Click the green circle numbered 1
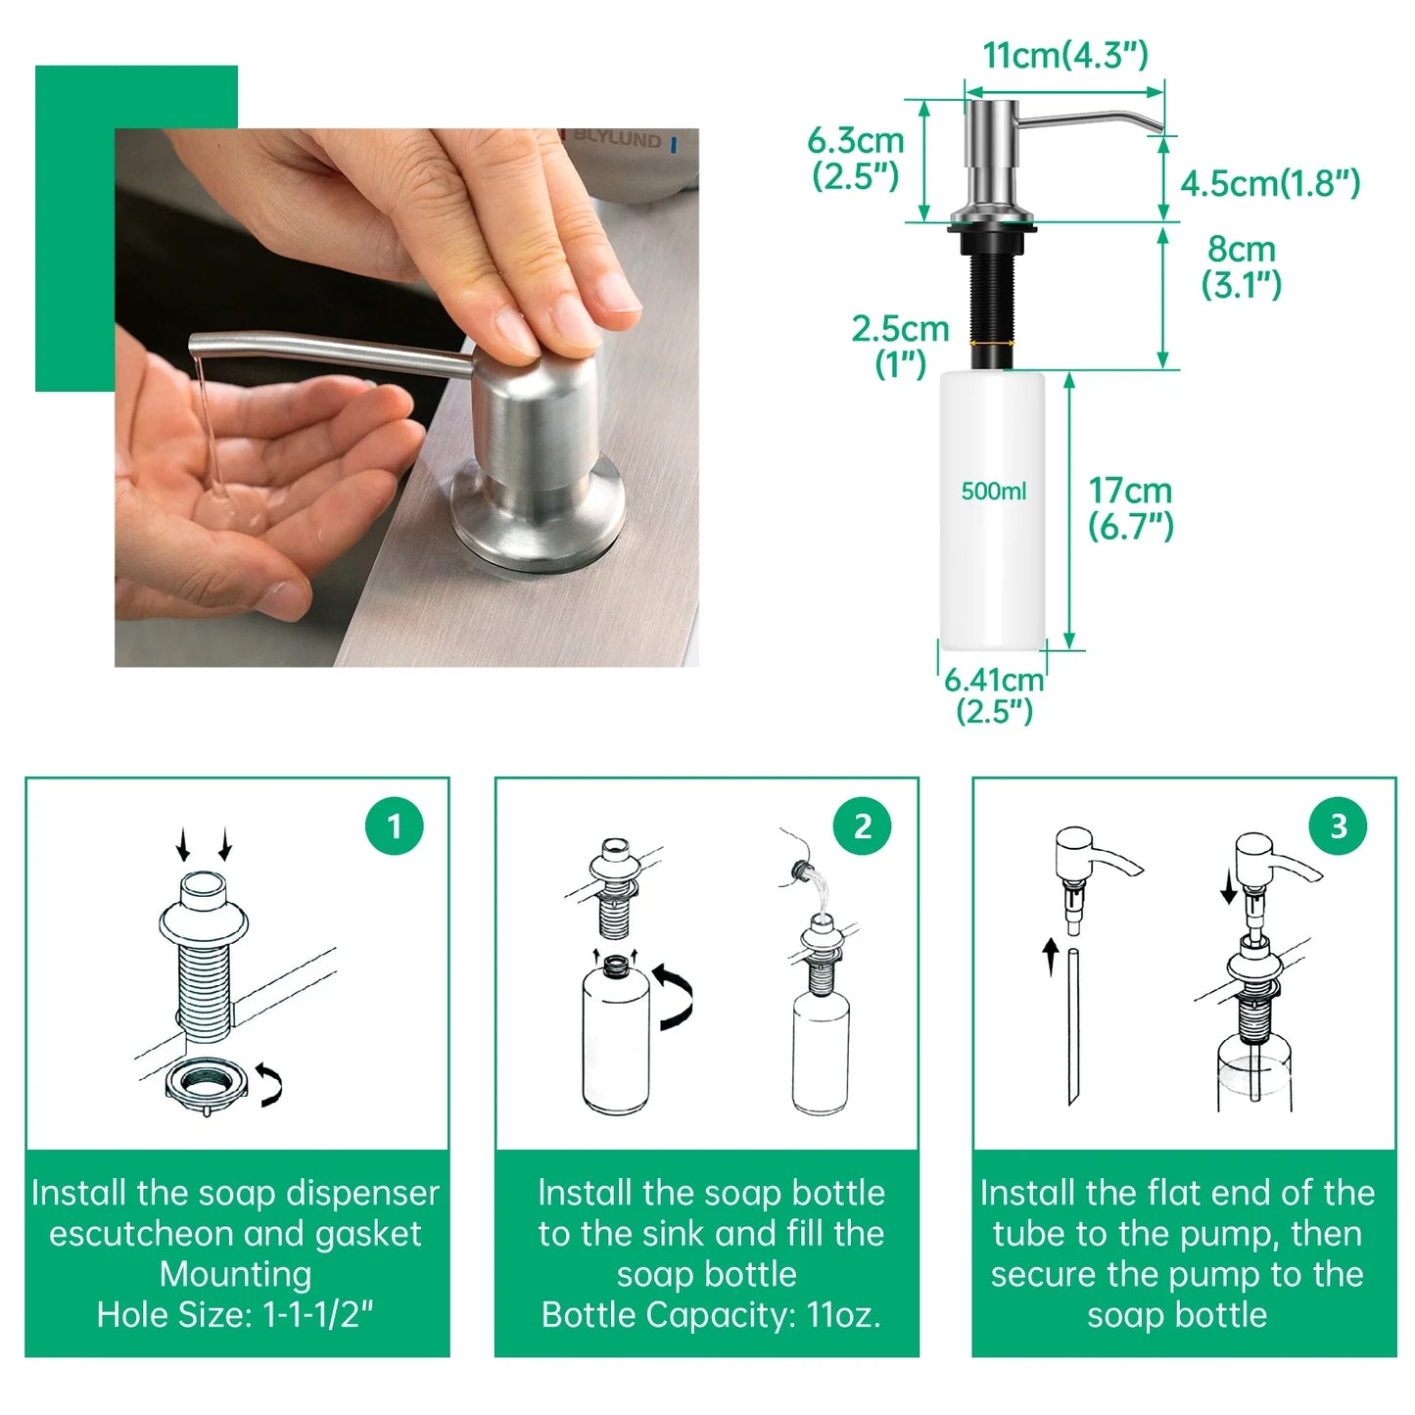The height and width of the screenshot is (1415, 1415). coord(395,826)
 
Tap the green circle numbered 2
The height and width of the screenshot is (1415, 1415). coord(862,826)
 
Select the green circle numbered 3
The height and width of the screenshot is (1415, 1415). coord(1339,826)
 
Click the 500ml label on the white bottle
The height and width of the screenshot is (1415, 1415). coord(994,491)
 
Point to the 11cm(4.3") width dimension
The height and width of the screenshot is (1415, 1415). coord(1065,56)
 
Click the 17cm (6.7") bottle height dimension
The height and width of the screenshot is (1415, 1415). coord(1130,508)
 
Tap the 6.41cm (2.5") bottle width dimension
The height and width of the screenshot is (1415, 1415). coord(994,695)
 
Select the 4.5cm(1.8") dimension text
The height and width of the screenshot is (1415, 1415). coord(1270,183)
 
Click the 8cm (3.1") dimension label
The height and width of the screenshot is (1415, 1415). coord(1241,267)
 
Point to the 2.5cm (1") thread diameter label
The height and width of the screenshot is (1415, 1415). coord(900,347)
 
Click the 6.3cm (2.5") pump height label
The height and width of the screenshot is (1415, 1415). coord(856,158)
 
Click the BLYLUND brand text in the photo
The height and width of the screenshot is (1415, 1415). coord(617,137)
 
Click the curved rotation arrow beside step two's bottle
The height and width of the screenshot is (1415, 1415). coord(675,997)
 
